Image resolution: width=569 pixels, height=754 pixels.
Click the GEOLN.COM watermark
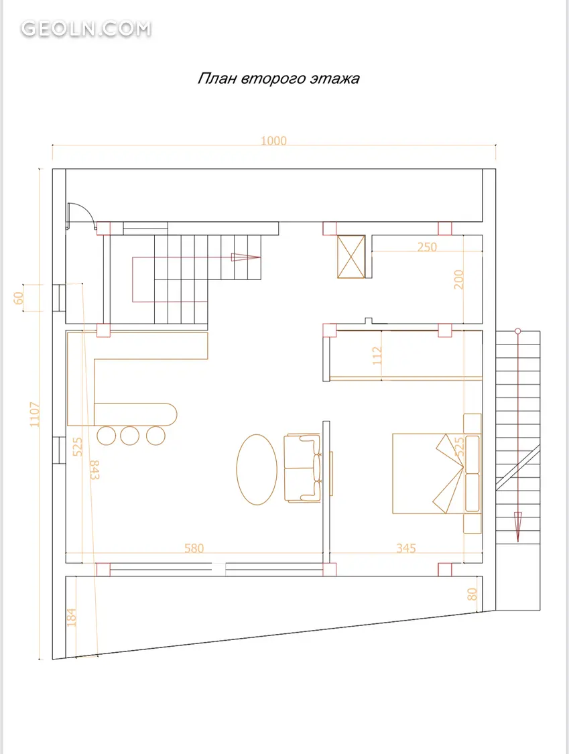[86, 28]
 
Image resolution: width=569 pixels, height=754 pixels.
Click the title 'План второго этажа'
[279, 78]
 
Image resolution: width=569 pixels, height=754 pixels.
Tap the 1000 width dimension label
[273, 141]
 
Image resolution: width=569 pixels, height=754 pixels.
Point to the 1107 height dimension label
[35, 414]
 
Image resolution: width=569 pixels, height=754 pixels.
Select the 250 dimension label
[427, 247]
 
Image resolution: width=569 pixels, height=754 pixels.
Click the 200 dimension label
[458, 279]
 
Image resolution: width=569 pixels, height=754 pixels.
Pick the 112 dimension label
[377, 355]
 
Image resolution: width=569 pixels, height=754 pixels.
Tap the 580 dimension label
[194, 548]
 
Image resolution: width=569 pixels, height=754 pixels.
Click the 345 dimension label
[406, 548]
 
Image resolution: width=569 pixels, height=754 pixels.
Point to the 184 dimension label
[71, 617]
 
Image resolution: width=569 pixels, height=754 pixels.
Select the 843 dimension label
[94, 470]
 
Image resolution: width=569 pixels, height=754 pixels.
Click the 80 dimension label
[472, 594]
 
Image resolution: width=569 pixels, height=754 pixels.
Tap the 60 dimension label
[19, 298]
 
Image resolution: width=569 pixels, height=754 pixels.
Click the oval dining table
[257, 469]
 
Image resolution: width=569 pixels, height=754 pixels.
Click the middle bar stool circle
[129, 435]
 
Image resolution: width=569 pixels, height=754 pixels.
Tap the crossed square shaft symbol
[351, 257]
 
